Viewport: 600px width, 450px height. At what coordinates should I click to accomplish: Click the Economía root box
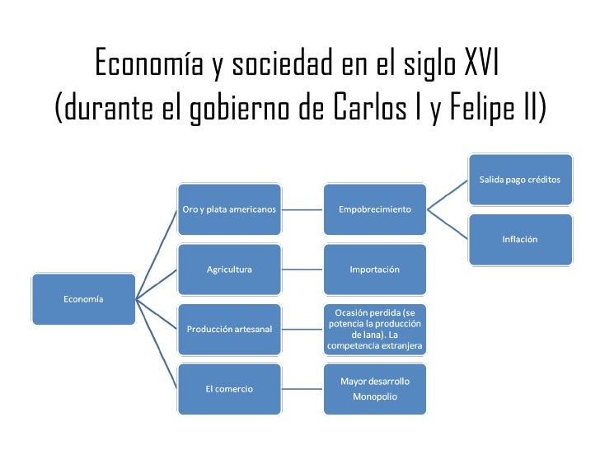tap(83, 299)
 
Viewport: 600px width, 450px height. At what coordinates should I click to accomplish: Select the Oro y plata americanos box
tap(229, 209)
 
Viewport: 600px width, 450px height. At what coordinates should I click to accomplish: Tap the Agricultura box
tap(229, 270)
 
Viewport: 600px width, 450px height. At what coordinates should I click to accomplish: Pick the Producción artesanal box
tap(229, 329)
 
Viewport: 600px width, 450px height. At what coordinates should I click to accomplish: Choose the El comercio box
tap(229, 389)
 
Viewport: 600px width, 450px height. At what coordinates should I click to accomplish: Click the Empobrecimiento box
tap(375, 209)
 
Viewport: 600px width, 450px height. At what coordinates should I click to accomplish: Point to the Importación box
tap(375, 270)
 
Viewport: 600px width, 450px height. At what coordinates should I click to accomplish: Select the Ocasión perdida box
tap(375, 329)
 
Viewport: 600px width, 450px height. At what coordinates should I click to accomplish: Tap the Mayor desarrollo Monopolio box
tap(375, 389)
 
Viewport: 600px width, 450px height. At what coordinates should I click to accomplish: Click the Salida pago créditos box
tap(520, 179)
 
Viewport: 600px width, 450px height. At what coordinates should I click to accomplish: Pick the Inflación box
tap(520, 239)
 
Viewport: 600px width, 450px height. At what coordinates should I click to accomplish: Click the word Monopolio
tap(375, 396)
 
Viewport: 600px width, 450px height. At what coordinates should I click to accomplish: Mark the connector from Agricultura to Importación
tap(302, 270)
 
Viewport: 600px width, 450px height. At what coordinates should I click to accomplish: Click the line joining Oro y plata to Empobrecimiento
tap(302, 209)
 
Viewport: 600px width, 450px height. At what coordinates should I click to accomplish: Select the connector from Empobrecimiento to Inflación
tap(448, 224)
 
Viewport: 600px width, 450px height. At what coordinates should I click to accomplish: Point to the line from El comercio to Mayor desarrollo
tap(302, 389)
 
